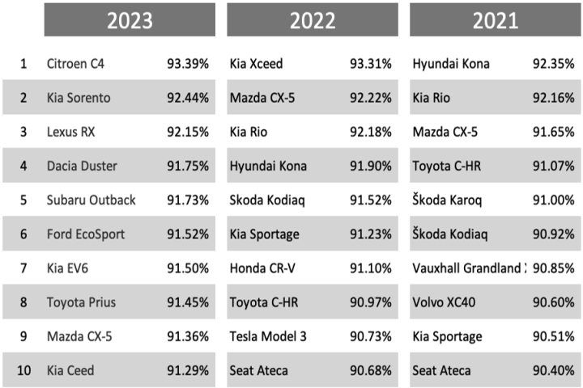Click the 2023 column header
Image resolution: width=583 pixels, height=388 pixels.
130,20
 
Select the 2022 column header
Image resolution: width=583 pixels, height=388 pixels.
313,20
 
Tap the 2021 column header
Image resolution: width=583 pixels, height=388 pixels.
496,20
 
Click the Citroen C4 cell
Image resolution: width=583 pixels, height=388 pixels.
75,63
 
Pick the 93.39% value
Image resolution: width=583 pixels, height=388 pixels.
188,63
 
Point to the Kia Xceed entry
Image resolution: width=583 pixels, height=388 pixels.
257,63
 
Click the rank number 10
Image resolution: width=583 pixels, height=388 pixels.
23,370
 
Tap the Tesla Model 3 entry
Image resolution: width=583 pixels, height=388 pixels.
269,336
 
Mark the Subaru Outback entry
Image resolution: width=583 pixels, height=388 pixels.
91,200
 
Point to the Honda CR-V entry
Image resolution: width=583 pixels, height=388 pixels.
264,268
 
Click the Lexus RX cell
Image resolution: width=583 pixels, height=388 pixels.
71,132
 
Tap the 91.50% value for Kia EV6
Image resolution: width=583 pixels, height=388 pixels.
188,268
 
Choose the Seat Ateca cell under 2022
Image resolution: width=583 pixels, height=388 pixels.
259,370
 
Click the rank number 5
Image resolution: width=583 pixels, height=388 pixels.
23,200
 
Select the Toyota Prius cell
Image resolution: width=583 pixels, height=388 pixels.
81,302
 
